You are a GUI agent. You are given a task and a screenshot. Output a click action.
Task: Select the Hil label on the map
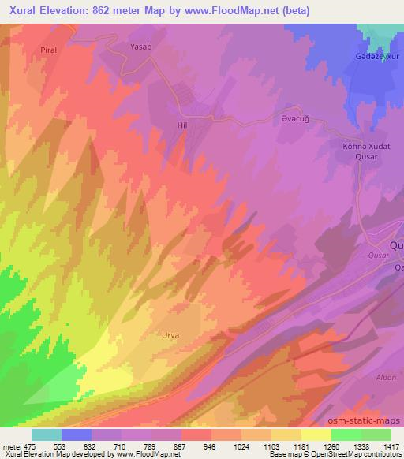pyautogui.click(x=181, y=125)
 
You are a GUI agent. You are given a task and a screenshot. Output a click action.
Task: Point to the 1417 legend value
pyautogui.click(x=391, y=446)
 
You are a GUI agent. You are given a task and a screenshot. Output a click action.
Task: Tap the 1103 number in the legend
pyautogui.click(x=271, y=446)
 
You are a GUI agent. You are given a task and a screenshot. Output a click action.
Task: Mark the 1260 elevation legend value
pyautogui.click(x=331, y=446)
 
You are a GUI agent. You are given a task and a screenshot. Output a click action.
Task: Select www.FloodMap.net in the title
pyautogui.click(x=238, y=11)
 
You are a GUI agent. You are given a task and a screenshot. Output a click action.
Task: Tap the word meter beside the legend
pyautogui.click(x=11, y=446)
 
